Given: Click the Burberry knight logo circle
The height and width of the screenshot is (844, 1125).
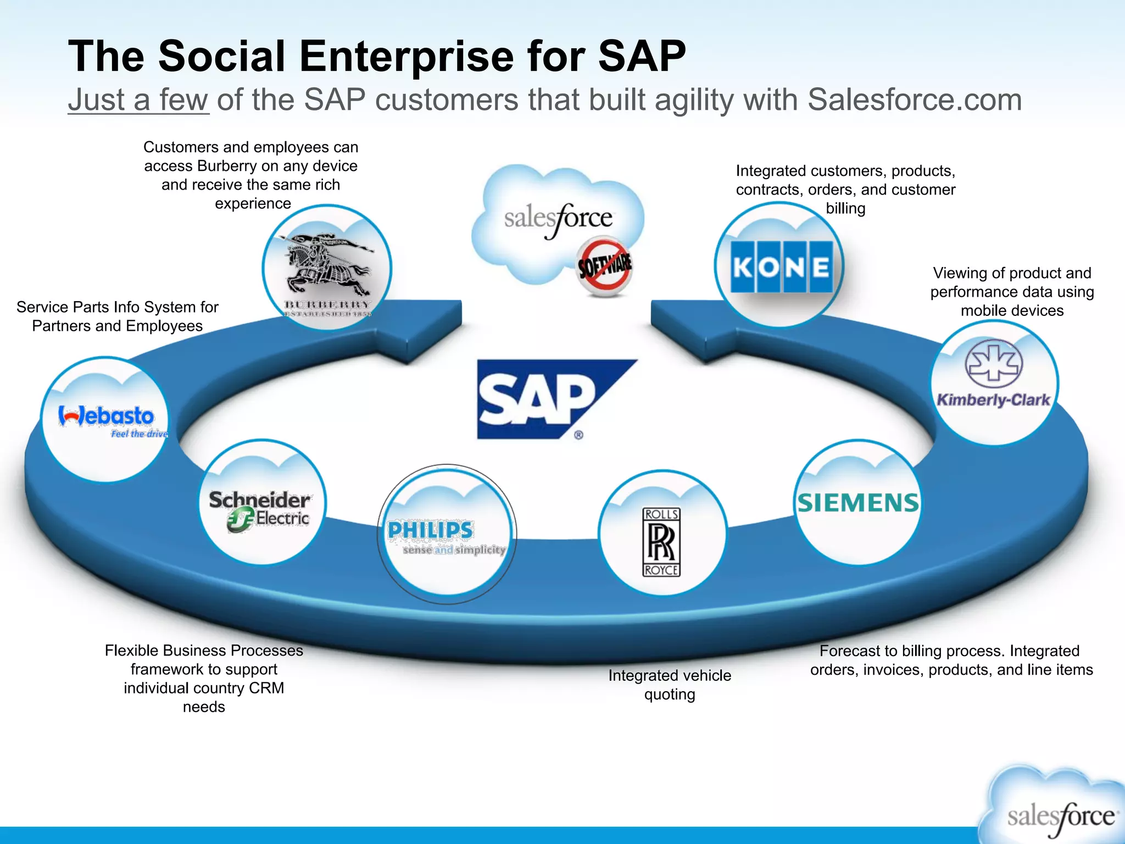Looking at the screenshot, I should click(327, 268).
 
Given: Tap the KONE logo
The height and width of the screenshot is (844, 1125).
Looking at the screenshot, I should click(781, 266).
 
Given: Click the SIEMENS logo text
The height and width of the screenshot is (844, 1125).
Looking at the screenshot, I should click(857, 503).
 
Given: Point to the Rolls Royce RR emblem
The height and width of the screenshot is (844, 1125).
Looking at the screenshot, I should click(662, 542).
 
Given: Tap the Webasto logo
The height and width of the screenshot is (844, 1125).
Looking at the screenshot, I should click(107, 418).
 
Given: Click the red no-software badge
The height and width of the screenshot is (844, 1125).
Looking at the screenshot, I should click(604, 267).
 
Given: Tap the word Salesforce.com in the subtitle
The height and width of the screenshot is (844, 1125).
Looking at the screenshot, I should click(915, 100).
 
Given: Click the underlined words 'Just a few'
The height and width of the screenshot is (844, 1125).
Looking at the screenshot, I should click(138, 100).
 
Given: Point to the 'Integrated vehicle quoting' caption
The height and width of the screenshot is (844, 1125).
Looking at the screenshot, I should click(670, 685).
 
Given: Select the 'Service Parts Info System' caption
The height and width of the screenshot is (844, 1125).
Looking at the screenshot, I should click(118, 316).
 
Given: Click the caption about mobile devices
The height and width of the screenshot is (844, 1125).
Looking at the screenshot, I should click(1012, 292).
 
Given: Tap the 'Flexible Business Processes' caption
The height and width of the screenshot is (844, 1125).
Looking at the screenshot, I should click(204, 679).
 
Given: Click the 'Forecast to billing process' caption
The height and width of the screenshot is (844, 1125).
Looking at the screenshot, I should click(951, 660).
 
